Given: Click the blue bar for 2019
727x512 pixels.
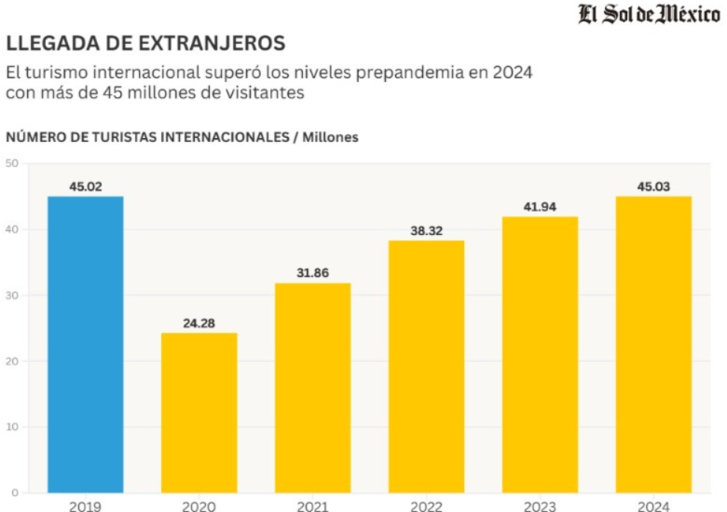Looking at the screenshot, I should click(86, 344).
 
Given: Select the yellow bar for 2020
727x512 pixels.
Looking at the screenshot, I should click(199, 412).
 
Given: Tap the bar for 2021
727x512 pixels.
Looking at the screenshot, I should click(312, 387).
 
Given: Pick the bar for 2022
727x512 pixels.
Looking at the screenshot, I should click(426, 367).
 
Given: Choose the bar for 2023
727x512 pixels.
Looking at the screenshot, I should click(540, 354).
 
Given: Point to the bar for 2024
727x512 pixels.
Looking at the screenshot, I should click(653, 344).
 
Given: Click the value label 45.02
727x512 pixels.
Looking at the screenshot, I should click(86, 187).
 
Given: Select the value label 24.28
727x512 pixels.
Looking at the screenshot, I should click(199, 324).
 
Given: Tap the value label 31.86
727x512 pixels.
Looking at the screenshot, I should click(312, 273).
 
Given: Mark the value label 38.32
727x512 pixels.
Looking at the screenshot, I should click(426, 230).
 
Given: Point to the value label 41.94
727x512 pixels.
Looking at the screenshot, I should click(540, 206).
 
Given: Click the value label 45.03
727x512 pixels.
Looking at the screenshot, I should click(653, 187).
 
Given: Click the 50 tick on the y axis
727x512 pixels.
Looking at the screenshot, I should click(12, 163).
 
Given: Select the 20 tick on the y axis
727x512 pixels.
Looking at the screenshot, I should click(12, 361).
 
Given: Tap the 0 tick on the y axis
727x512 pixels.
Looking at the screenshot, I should click(15, 492).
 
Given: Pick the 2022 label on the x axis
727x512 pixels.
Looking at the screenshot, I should click(426, 505).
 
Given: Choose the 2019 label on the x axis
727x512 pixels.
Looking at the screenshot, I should click(86, 505).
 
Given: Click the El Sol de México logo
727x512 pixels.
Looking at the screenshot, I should click(649, 16).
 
